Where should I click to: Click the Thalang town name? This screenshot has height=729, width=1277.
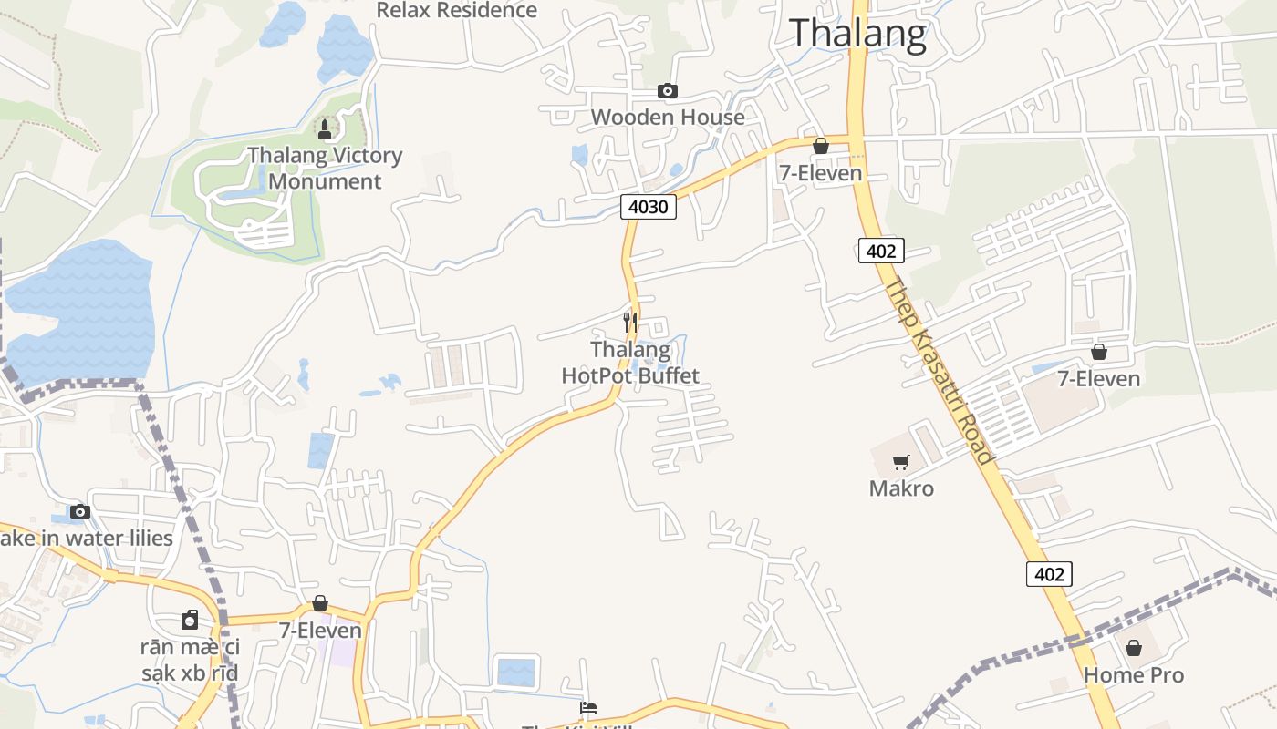click(x=857, y=33)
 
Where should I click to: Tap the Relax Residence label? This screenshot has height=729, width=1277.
click(x=457, y=10)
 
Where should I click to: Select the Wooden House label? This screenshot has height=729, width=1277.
click(x=668, y=117)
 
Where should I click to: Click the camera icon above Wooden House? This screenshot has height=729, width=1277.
click(x=668, y=90)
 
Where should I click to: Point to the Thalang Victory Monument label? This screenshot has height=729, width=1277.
click(x=325, y=168)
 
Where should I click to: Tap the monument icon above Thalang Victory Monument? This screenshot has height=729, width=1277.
click(x=324, y=128)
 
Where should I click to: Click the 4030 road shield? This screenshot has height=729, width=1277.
click(x=649, y=207)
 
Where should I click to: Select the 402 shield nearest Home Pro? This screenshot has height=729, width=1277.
click(x=1049, y=574)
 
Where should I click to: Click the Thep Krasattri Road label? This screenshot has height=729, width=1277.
click(x=937, y=369)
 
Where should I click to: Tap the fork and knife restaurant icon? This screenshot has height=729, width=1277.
click(x=629, y=322)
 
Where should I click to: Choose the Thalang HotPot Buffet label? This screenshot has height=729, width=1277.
click(x=630, y=363)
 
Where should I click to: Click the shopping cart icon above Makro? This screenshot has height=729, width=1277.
click(x=901, y=462)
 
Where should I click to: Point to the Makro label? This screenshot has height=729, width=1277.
click(x=901, y=488)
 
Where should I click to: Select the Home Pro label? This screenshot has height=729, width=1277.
click(x=1134, y=675)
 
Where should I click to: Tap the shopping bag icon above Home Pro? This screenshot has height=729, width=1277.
click(x=1134, y=648)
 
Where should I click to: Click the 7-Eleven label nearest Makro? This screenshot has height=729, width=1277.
click(x=1098, y=378)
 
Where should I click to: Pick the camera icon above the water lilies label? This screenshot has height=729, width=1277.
click(x=80, y=511)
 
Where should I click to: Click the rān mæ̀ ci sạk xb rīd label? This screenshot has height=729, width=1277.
click(x=190, y=661)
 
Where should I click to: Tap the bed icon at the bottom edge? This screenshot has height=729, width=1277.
click(x=588, y=708)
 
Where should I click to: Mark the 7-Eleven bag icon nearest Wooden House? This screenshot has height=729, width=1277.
click(x=820, y=146)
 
